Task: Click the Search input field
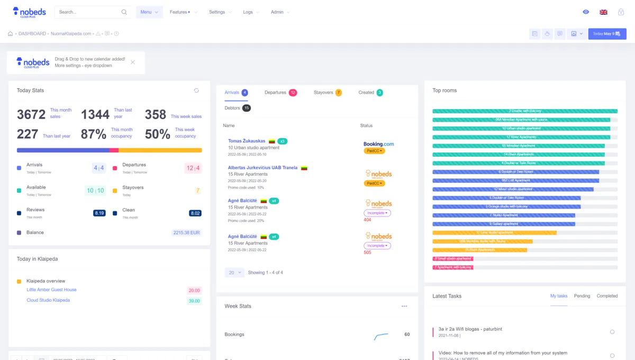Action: pyautogui.click(x=90, y=12)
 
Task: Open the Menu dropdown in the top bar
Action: pyautogui.click(x=149, y=12)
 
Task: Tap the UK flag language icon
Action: pyautogui.click(x=603, y=12)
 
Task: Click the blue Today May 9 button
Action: pyautogui.click(x=607, y=34)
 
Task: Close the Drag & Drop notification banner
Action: pyautogui.click(x=133, y=62)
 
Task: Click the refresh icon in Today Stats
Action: pyautogui.click(x=196, y=91)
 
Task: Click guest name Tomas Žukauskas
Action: pyautogui.click(x=247, y=141)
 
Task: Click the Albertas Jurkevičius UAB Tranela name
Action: pyautogui.click(x=262, y=168)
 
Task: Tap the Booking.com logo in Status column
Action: pyautogui.click(x=378, y=144)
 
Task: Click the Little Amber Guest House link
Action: pyautogui.click(x=51, y=290)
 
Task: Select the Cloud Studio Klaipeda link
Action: pyautogui.click(x=48, y=300)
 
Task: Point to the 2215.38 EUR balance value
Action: pyautogui.click(x=187, y=233)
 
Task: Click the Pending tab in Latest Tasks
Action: pyautogui.click(x=582, y=296)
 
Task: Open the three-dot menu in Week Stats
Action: pyautogui.click(x=404, y=306)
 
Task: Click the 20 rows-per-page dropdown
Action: pyautogui.click(x=234, y=273)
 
